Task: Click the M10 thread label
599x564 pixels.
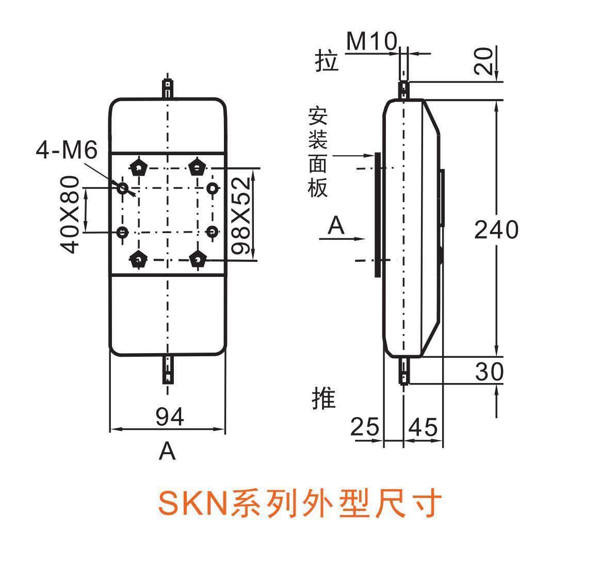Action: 371,41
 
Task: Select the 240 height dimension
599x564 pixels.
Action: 496,229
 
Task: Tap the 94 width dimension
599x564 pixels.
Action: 170,417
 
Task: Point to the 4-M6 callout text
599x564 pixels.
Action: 67,150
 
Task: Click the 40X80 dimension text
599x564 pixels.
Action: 70,214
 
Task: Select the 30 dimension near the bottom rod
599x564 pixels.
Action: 489,371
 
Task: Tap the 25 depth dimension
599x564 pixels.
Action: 365,427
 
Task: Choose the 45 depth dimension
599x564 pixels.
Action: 423,427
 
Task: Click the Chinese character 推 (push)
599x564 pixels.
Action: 324,399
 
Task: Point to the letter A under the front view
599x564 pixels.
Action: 167,452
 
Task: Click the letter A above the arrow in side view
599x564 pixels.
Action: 336,226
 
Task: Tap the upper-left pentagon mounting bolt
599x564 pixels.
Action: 138,168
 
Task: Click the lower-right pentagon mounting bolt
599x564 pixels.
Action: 198,259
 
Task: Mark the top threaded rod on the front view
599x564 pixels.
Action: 168,89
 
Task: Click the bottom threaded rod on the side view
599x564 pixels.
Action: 404,372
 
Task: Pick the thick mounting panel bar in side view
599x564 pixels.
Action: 378,214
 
